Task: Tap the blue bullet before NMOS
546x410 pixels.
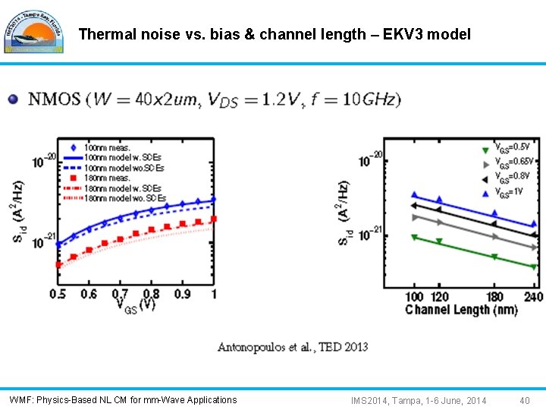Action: click(11, 100)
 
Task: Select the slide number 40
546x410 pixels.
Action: click(524, 400)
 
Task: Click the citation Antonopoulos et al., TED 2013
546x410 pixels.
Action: click(293, 347)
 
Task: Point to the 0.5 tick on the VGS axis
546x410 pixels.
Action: click(58, 295)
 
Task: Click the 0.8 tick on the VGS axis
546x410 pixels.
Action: click(152, 295)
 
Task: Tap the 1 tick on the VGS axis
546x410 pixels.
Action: click(214, 295)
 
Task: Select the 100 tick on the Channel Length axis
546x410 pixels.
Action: click(414, 297)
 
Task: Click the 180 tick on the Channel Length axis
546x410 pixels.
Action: click(494, 297)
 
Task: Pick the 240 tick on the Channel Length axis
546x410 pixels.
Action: click(532, 297)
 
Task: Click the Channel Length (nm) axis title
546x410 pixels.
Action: click(461, 310)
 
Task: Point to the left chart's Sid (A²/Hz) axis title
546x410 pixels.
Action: click(19, 213)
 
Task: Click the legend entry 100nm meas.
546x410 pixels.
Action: click(107, 147)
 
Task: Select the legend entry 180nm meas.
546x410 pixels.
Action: click(107, 178)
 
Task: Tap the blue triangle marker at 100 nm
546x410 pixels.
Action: click(414, 195)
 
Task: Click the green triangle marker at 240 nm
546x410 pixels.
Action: click(533, 267)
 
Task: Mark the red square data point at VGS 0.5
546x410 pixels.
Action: click(58, 265)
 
